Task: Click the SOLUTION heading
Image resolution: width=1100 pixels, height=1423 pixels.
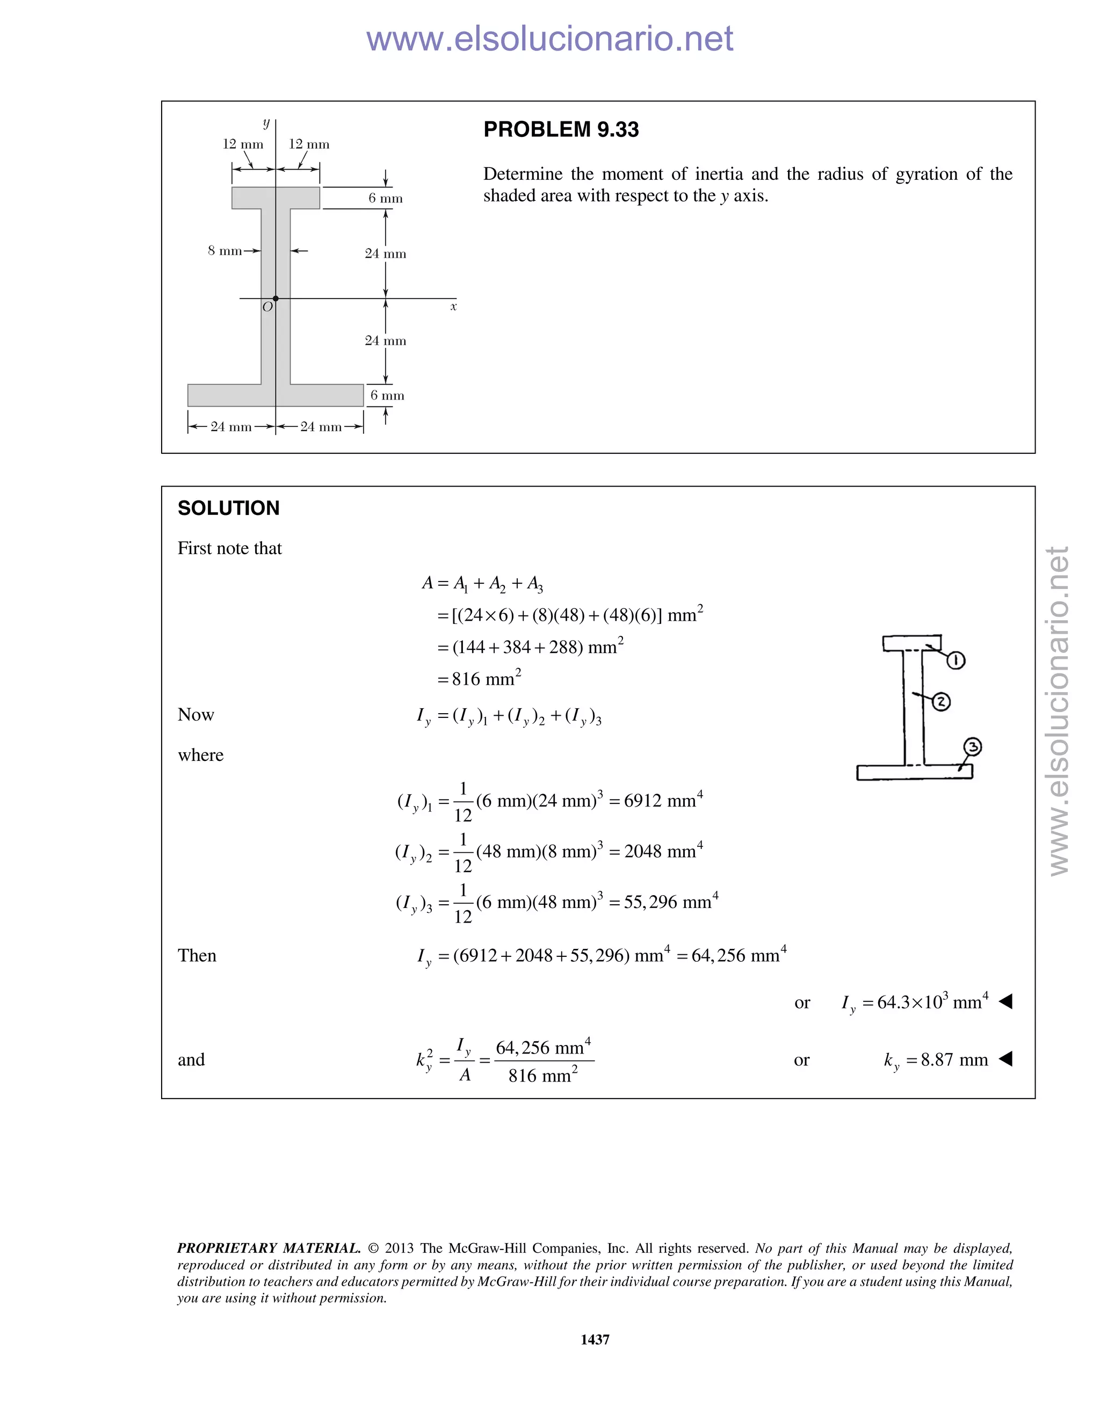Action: click(228, 508)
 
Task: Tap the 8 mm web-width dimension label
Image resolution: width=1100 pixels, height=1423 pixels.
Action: click(225, 251)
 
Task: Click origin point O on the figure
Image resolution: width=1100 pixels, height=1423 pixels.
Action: click(276, 299)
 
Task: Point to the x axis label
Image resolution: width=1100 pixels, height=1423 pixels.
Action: click(453, 307)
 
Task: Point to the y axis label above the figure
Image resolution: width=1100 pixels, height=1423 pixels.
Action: click(266, 122)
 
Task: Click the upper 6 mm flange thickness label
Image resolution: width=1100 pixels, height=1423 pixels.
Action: click(385, 198)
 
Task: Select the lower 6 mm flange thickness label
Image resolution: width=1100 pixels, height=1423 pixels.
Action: click(387, 396)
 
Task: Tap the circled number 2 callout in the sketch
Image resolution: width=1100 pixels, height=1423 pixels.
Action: click(941, 702)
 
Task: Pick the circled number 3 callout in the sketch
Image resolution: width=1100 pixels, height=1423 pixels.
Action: click(972, 747)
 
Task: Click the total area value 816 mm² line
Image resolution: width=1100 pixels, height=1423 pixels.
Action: click(479, 679)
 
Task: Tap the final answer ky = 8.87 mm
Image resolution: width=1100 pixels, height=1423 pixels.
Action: click(936, 1060)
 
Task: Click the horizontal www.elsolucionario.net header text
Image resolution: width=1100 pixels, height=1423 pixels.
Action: click(549, 39)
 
